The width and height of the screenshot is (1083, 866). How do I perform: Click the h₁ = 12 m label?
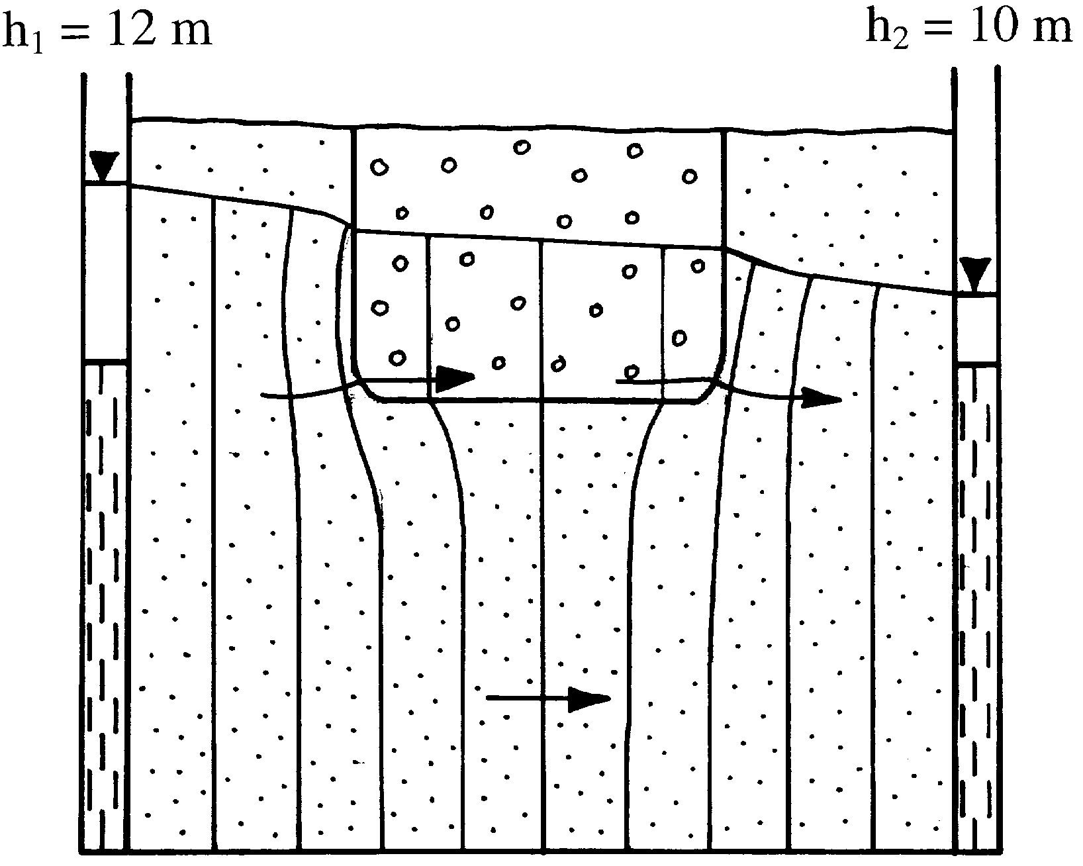coord(107,30)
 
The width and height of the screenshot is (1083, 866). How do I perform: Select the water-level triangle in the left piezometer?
coord(104,165)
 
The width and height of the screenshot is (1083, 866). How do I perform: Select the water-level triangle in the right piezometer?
coord(976,273)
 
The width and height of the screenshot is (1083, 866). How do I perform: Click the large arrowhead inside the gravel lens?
coord(455,377)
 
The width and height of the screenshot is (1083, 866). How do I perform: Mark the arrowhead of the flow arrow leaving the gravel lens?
coord(822,398)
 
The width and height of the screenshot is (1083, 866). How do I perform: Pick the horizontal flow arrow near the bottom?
coord(548,698)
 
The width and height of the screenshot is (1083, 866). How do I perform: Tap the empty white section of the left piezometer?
coord(105,271)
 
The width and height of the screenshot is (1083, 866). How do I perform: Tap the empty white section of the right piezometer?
coord(977,328)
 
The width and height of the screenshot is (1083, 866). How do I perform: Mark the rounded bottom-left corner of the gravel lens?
coord(365,391)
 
